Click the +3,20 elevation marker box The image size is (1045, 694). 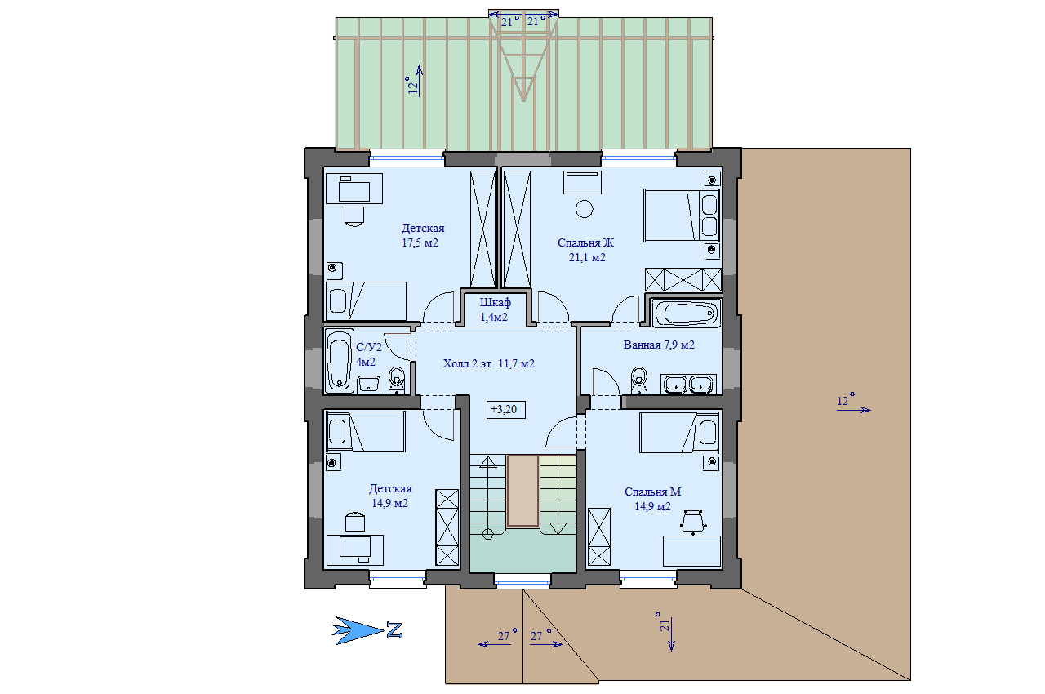click(505, 410)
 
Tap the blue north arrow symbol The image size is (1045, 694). click(358, 631)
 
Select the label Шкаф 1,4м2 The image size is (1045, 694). click(495, 309)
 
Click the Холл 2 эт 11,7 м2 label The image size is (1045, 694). click(488, 363)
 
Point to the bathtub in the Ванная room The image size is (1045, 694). click(685, 313)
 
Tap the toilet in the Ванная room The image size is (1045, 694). click(638, 380)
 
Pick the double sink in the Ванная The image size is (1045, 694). click(688, 384)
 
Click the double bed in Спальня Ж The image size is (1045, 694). click(682, 215)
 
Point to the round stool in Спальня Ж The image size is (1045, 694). click(584, 209)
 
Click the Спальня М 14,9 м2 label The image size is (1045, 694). click(652, 499)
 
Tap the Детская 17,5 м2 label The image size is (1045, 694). click(423, 235)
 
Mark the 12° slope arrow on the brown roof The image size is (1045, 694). click(854, 410)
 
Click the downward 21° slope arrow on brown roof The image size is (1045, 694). click(671, 634)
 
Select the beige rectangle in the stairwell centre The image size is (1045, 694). click(522, 492)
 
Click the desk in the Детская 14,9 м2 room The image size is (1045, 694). click(355, 549)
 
